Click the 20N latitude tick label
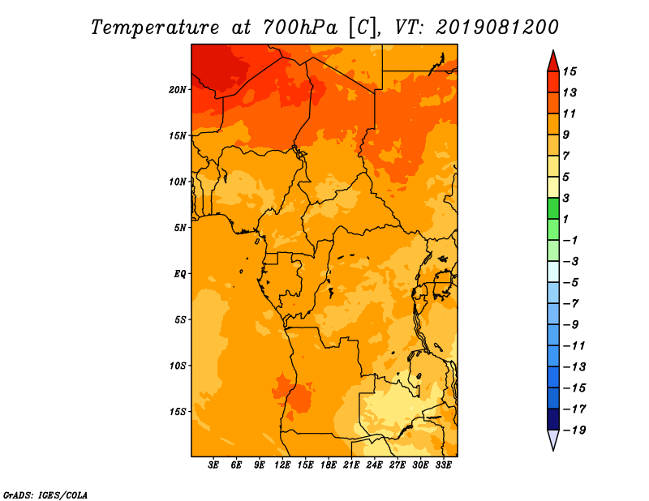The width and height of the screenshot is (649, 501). pyautogui.click(x=178, y=90)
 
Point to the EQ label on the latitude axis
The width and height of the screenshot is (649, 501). pyautogui.click(x=180, y=274)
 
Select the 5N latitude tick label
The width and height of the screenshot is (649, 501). pyautogui.click(x=180, y=228)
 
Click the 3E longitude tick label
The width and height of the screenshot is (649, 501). pyautogui.click(x=213, y=465)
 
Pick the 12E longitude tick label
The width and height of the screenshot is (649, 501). pyautogui.click(x=282, y=465)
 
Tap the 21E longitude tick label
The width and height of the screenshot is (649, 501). pyautogui.click(x=351, y=465)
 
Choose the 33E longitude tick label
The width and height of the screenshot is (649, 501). pyautogui.click(x=443, y=465)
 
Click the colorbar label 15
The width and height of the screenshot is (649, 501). pyautogui.click(x=569, y=71)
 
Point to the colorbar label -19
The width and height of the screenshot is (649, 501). pyautogui.click(x=574, y=430)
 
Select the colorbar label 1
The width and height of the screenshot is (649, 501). pyautogui.click(x=565, y=219)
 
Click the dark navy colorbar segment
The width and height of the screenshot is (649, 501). pyautogui.click(x=553, y=419)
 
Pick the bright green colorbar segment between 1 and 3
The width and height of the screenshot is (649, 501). pyautogui.click(x=553, y=208)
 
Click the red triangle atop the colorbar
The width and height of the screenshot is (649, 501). pyautogui.click(x=553, y=62)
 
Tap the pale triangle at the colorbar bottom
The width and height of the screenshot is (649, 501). pyautogui.click(x=553, y=440)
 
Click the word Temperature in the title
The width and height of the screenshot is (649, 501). pyautogui.click(x=155, y=28)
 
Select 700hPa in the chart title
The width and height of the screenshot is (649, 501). pyautogui.click(x=299, y=28)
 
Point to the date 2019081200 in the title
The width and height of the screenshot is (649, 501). pyautogui.click(x=497, y=28)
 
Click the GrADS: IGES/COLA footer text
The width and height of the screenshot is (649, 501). pyautogui.click(x=45, y=495)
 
